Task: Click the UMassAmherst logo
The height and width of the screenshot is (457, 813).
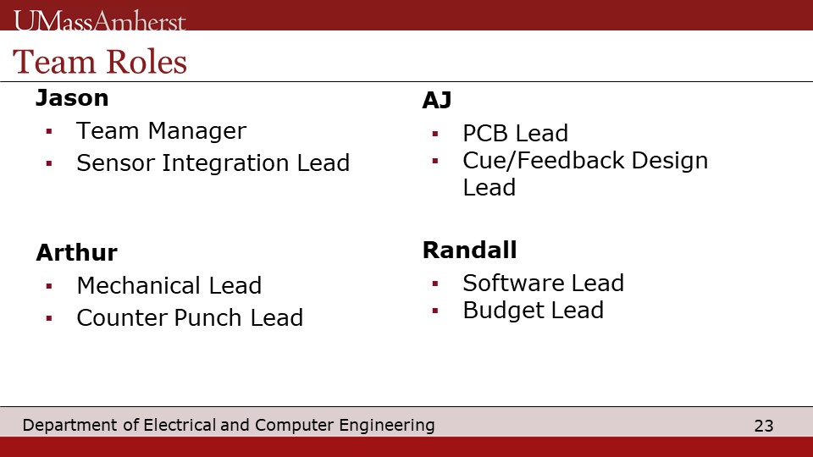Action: click(x=100, y=20)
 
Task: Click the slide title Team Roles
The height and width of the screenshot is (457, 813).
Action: click(x=100, y=62)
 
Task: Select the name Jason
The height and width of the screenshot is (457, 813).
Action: click(x=72, y=98)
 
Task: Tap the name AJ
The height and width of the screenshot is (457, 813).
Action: click(x=437, y=100)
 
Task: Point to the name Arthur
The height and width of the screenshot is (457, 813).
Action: click(x=77, y=252)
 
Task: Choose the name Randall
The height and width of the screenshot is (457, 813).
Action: click(x=470, y=250)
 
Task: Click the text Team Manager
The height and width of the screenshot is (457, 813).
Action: click(x=161, y=130)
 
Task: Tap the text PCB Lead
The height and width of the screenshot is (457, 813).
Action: click(x=516, y=133)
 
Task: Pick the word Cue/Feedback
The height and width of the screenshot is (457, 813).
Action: click(x=544, y=160)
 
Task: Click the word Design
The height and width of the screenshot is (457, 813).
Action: click(x=670, y=161)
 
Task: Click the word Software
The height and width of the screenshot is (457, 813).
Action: click(x=513, y=283)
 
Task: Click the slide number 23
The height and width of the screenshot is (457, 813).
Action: click(x=764, y=426)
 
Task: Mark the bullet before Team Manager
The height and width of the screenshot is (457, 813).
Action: click(x=49, y=132)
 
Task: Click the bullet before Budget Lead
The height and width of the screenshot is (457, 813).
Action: click(x=435, y=311)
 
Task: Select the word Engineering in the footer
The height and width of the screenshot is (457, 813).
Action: click(x=387, y=425)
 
